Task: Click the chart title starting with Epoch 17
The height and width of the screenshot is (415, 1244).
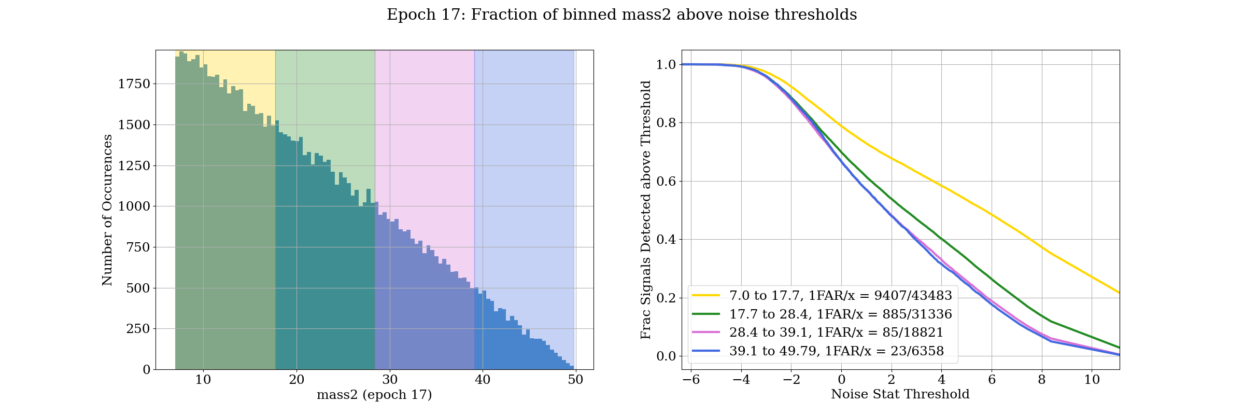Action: (621, 15)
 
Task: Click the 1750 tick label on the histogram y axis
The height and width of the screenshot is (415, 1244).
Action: (134, 84)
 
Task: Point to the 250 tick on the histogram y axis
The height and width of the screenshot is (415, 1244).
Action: (138, 329)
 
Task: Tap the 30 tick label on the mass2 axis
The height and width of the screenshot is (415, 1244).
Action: (390, 380)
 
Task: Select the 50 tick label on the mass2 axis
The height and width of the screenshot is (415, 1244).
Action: (575, 380)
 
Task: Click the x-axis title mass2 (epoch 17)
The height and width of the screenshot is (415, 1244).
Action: (374, 395)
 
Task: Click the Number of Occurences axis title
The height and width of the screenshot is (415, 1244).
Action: (107, 210)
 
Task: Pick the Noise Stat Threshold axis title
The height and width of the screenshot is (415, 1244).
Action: (900, 394)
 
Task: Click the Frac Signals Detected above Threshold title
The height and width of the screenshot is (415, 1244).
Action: (646, 210)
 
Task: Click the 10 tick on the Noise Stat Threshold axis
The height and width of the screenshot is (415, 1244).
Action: (1092, 380)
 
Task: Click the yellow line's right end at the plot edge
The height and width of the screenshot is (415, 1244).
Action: (1119, 293)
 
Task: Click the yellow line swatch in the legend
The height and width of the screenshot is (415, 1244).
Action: (706, 296)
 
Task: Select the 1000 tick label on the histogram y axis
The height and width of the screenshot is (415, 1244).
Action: (134, 206)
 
